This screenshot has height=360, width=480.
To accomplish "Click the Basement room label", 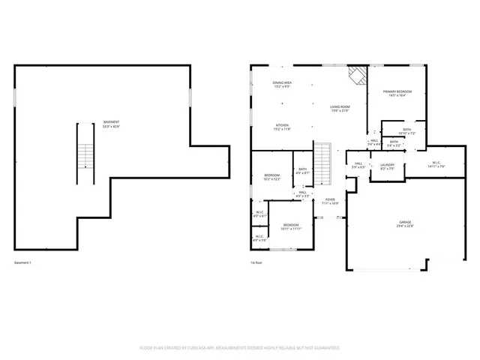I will (110, 124).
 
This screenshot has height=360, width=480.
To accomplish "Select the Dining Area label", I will (282, 84).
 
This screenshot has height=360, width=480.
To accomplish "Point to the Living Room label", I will (340, 109).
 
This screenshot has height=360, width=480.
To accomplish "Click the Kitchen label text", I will (282, 127).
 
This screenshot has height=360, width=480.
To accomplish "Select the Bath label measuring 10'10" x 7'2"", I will (406, 131).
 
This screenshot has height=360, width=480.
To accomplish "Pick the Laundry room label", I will (387, 166).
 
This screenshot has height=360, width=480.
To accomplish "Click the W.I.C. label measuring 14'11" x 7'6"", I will (436, 164).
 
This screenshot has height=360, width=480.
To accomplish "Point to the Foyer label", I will (330, 201).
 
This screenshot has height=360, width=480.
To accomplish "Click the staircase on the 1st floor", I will (322, 163).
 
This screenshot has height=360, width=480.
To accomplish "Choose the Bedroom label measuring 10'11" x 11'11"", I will (290, 227).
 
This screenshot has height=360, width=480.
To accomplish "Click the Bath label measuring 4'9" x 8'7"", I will (301, 172).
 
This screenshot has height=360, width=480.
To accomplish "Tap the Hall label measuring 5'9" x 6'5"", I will (358, 165).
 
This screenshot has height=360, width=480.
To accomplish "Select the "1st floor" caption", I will (258, 263).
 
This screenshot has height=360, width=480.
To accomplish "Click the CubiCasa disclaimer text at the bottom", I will (240, 348).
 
